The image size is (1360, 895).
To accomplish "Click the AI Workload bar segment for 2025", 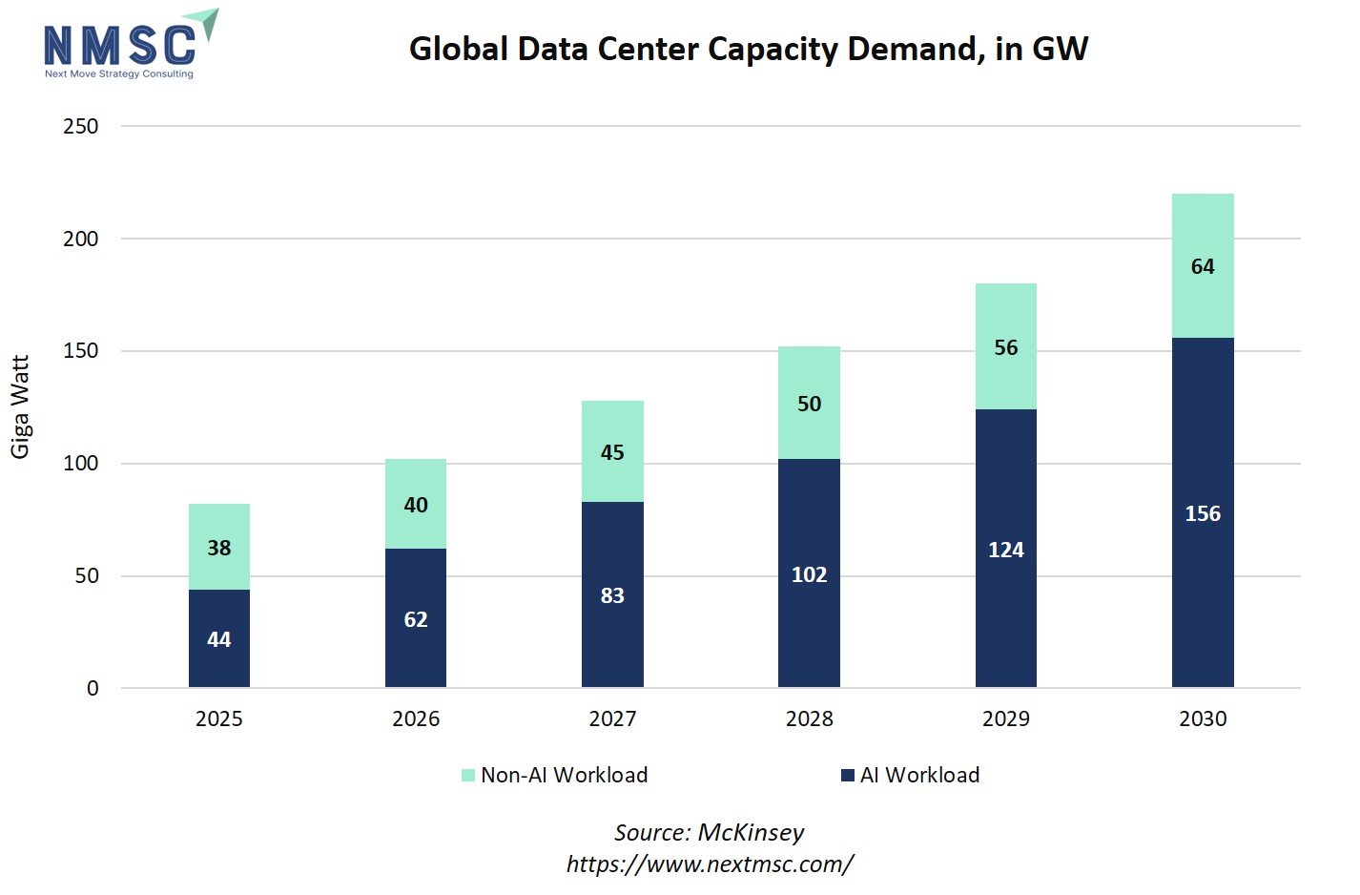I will [219, 638].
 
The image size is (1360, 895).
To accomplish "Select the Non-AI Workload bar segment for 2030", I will [1203, 265].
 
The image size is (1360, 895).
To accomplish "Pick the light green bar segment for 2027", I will [612, 451].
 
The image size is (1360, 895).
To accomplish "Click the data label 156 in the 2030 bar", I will [1203, 513].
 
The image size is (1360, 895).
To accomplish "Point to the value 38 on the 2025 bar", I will [219, 548].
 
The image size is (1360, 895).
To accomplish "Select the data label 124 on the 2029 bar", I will [1006, 550].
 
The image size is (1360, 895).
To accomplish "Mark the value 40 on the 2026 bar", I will [416, 505].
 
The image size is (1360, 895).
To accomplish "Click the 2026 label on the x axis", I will [416, 718].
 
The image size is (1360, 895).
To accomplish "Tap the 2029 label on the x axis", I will [1006, 718].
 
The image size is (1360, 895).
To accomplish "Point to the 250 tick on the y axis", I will [81, 126].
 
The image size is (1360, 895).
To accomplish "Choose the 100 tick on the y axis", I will [81, 463].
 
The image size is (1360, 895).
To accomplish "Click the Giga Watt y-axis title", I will [20, 406].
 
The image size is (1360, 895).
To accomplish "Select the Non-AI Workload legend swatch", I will [468, 775].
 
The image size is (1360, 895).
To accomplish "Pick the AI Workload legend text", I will [919, 775].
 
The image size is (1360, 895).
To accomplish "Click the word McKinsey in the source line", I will [751, 832].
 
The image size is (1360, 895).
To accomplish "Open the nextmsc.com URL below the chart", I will [710, 864].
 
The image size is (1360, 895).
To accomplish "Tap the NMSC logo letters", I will [119, 46].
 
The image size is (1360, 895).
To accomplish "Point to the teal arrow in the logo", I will [205, 23].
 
